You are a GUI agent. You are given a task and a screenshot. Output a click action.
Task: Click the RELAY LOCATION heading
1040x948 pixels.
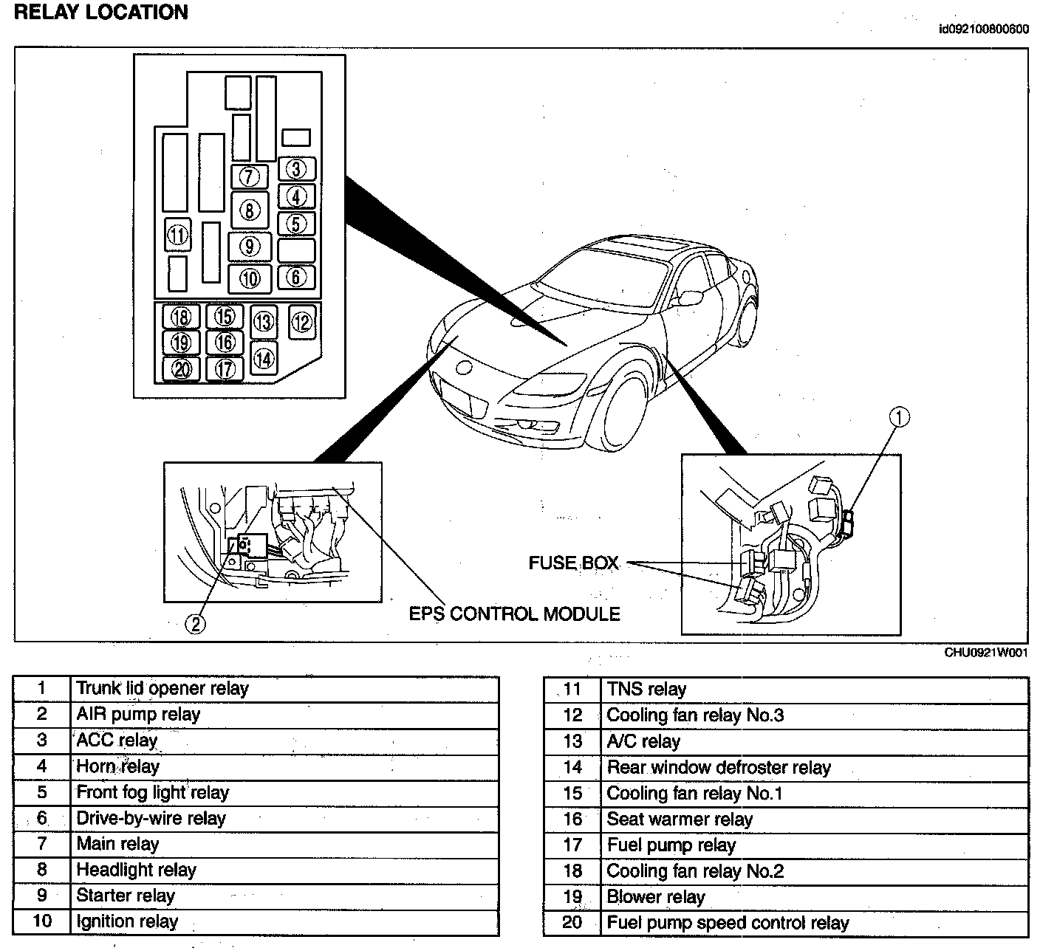click(x=101, y=13)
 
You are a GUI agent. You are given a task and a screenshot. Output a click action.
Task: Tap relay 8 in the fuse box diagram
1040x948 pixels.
click(x=250, y=210)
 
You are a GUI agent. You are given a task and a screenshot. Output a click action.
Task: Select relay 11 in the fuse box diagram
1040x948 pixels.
click(x=178, y=236)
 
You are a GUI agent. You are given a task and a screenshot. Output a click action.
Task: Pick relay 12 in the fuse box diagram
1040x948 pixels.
click(x=302, y=322)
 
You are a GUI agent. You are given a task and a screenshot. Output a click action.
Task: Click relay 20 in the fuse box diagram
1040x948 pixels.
click(x=182, y=368)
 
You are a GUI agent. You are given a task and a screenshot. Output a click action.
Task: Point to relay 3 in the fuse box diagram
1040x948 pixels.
click(x=296, y=169)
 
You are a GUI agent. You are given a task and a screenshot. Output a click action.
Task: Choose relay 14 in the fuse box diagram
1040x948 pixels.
click(x=264, y=358)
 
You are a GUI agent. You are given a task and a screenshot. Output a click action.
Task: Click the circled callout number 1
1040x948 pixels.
click(x=900, y=418)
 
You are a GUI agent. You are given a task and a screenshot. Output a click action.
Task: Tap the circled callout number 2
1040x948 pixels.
click(x=195, y=625)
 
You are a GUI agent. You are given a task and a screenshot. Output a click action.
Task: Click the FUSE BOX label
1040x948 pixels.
click(x=573, y=563)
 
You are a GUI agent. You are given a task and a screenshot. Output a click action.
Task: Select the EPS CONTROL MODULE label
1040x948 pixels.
click(x=515, y=614)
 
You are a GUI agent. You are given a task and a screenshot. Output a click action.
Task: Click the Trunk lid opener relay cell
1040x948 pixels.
click(x=162, y=689)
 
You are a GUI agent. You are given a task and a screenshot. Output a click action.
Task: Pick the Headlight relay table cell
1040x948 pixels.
click(x=137, y=870)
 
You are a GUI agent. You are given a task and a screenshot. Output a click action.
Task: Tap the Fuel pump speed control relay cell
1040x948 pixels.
click(x=728, y=923)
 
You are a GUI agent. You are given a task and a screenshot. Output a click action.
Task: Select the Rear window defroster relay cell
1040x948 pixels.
click(x=719, y=768)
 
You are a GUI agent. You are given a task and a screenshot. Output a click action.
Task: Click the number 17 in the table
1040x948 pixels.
click(x=572, y=845)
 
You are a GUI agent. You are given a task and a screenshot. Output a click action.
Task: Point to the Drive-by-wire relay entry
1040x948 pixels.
click(x=151, y=819)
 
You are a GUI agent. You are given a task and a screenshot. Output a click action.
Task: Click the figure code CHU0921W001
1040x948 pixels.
click(x=986, y=653)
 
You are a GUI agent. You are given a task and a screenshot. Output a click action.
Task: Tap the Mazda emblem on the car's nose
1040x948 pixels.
click(x=465, y=367)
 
